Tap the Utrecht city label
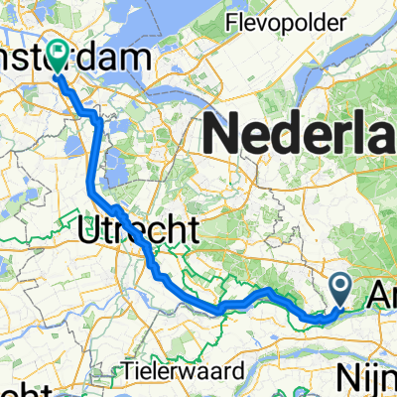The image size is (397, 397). coord(138,230)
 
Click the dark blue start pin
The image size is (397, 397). coord(340,288)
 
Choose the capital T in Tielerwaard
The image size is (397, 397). coord(129,370)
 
